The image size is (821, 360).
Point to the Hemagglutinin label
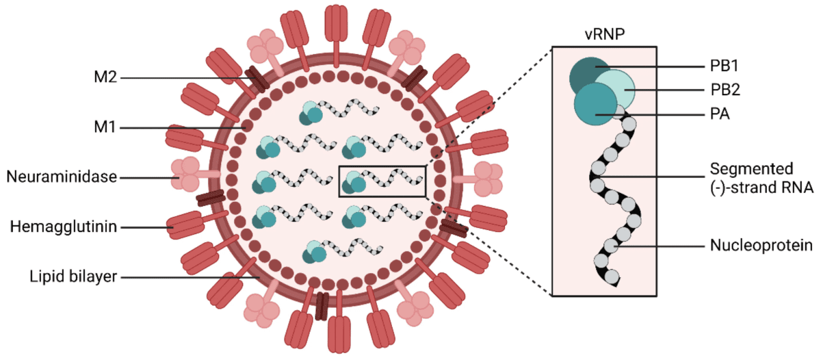coord(64,226)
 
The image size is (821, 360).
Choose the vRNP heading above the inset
coord(605,36)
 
